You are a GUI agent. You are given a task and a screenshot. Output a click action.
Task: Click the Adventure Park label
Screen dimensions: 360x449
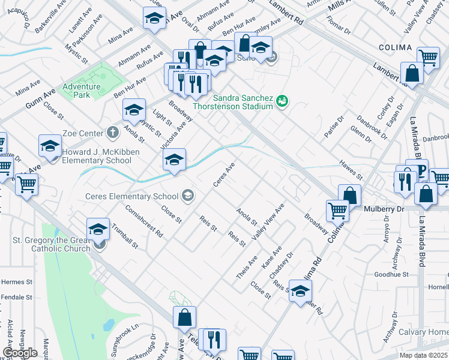[82, 91]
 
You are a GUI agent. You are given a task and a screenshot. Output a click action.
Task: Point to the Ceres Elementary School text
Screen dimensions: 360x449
[132, 196]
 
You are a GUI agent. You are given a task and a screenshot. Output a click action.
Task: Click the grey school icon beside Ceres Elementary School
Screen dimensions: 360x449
[188, 195]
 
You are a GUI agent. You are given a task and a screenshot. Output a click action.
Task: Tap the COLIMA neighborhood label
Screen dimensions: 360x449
[395, 47]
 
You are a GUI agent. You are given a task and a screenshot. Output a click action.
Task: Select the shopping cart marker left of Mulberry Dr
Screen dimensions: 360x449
[337, 210]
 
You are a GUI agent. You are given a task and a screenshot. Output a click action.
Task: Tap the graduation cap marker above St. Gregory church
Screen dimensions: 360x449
[98, 229]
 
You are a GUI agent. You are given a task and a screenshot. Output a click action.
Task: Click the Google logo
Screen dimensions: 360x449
[20, 353]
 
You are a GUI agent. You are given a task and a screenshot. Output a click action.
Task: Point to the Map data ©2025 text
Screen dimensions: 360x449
[424, 355]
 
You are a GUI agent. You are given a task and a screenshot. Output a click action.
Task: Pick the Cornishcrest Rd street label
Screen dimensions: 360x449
[145, 223]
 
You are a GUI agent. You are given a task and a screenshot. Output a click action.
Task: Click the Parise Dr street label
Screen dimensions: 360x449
[334, 128]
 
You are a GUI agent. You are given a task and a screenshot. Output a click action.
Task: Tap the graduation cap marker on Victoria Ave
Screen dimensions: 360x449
[175, 160]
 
